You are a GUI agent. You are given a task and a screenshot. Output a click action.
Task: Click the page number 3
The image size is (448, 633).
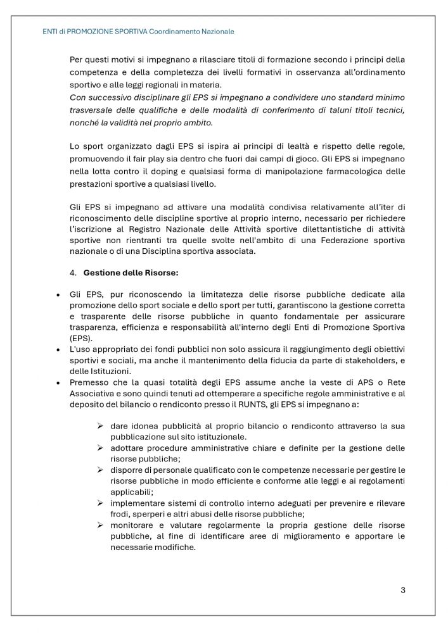403,591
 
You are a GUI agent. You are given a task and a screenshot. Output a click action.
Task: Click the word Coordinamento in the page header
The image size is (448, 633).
177,31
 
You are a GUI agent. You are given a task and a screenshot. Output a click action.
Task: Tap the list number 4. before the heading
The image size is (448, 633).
73,273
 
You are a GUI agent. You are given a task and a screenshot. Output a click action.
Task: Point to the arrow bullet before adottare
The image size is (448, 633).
100,448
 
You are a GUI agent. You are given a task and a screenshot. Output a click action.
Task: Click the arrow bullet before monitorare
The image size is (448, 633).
100,525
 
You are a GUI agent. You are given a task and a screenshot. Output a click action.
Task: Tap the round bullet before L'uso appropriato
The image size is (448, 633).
58,350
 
